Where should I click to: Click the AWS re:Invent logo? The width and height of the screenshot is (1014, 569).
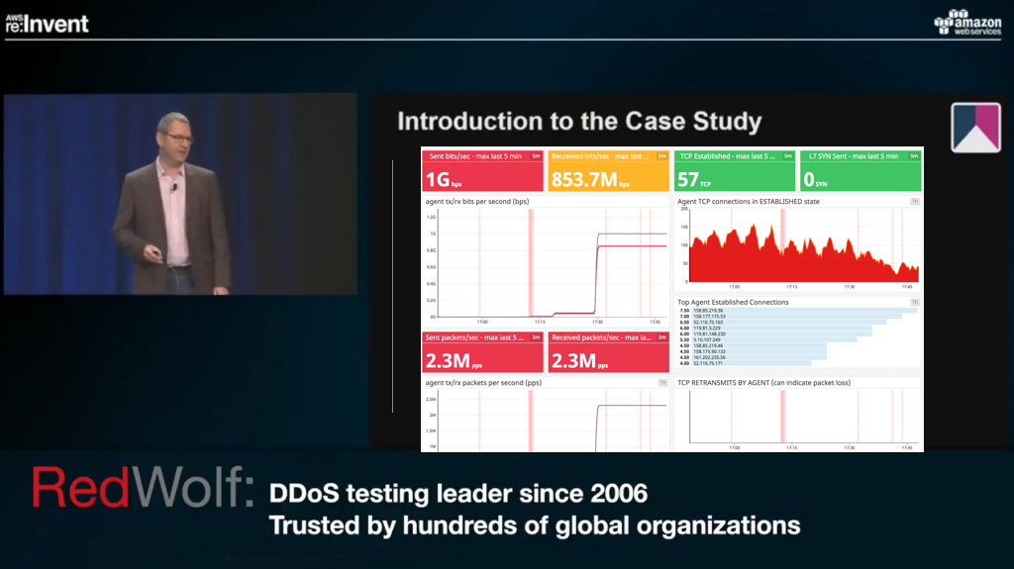pos(47,21)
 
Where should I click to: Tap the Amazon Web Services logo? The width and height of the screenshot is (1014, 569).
pos(966,23)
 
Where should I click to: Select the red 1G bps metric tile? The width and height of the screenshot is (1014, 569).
pos(483,170)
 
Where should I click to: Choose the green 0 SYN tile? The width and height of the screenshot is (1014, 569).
pos(860,170)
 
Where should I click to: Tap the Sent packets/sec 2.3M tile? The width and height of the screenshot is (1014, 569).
pos(483,351)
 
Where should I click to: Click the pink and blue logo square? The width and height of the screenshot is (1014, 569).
pos(975,128)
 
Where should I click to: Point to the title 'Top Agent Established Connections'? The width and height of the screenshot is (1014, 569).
pos(733,302)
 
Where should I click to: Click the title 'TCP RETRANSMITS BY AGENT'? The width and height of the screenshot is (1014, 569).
pos(763,382)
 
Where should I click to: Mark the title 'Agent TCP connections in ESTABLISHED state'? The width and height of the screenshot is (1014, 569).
pos(749,201)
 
